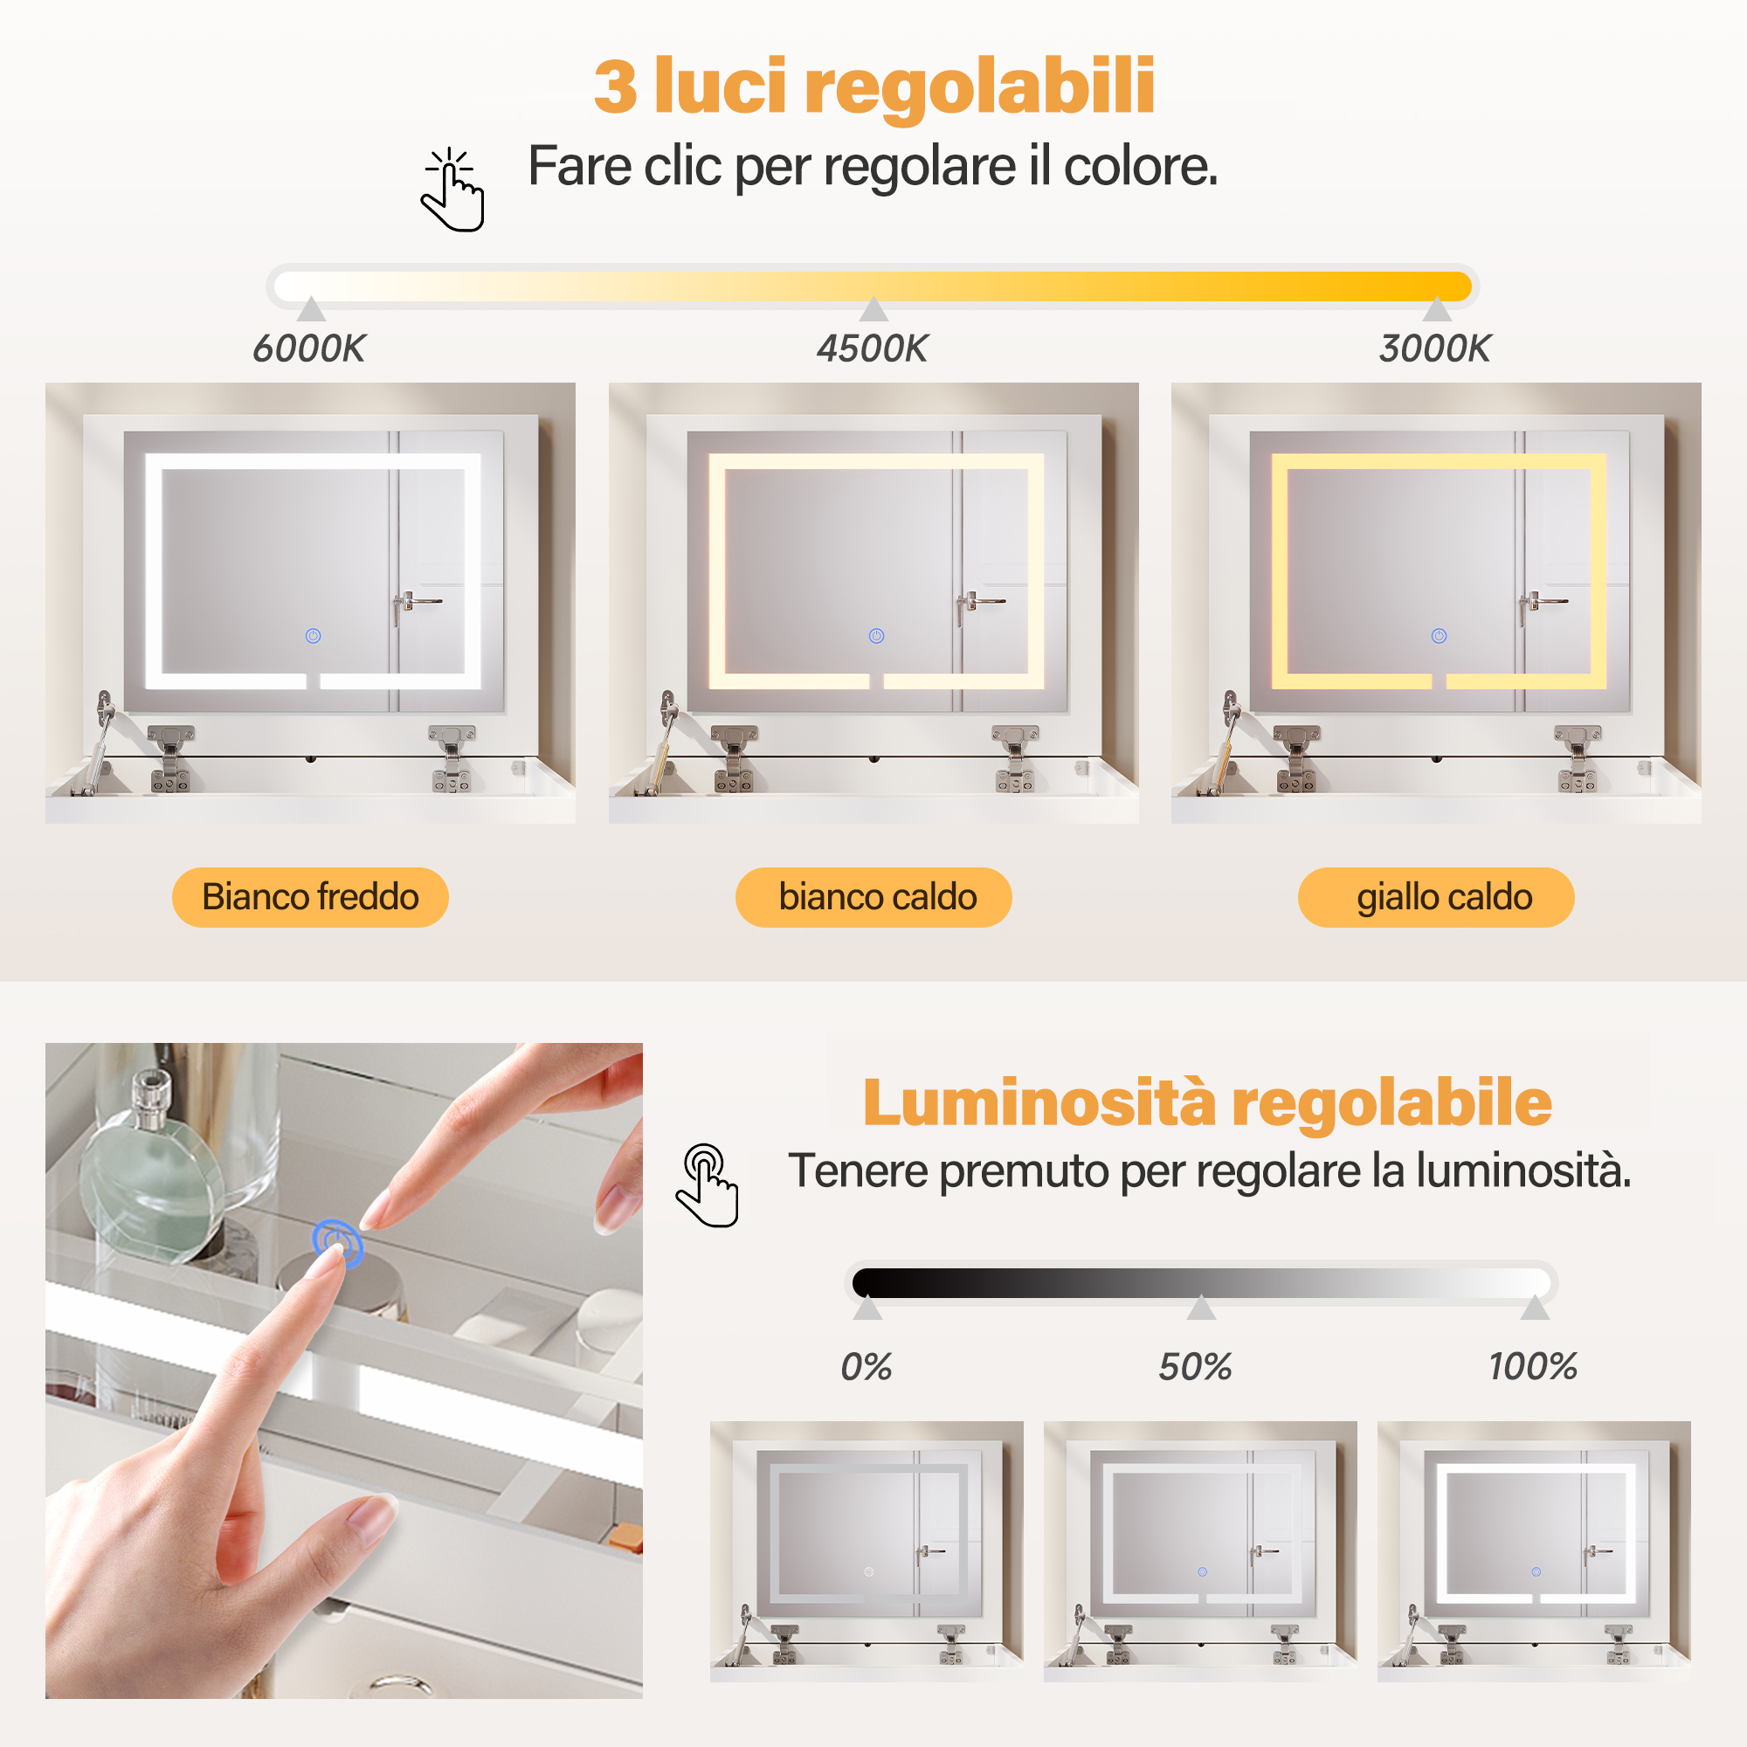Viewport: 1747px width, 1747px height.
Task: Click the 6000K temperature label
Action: [309, 349]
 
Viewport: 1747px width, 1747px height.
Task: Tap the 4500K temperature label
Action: [873, 349]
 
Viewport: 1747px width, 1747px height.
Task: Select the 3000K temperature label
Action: [1435, 349]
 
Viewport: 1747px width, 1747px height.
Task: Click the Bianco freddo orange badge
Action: [310, 897]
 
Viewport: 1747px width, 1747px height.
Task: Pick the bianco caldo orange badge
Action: [873, 897]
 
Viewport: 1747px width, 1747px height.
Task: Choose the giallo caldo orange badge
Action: [1436, 897]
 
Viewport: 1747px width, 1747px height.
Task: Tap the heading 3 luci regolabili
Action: [873, 86]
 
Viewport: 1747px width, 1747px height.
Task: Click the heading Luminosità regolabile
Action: [1207, 1103]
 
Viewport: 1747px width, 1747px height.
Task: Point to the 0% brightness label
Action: [867, 1366]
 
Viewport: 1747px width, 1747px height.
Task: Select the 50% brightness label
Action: [1196, 1366]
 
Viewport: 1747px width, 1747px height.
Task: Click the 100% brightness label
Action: [1534, 1366]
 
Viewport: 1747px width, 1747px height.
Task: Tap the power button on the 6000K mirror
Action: [313, 636]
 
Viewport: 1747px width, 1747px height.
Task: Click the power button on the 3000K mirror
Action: [1439, 636]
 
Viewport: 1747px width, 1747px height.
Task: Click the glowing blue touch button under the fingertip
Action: [337, 1242]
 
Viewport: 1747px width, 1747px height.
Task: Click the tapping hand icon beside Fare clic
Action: [453, 190]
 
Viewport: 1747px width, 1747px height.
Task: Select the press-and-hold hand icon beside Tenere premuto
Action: [708, 1184]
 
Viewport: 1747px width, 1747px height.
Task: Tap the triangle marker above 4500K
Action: [873, 308]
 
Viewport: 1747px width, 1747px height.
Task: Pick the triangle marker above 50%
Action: [1201, 1308]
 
